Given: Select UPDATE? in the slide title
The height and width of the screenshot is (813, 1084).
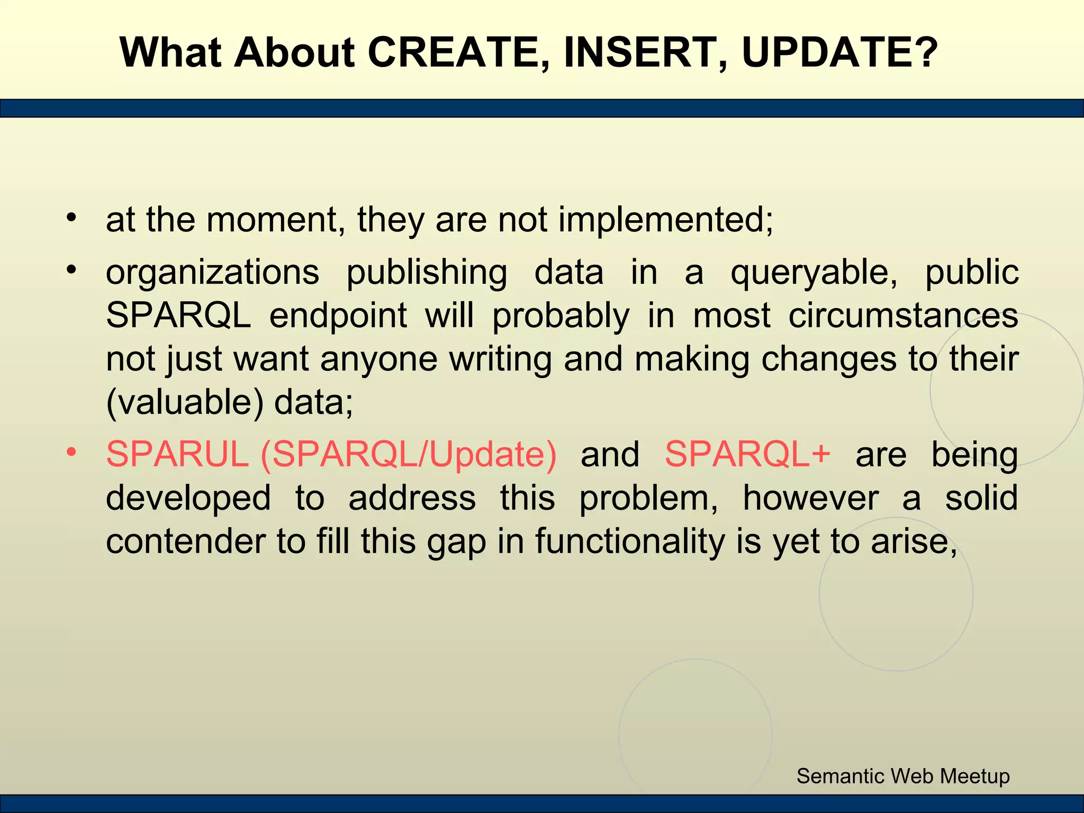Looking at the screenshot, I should click(839, 53).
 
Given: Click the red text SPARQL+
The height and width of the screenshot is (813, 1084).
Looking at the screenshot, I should click(747, 454).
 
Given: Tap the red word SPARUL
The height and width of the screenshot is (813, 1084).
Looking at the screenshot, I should click(177, 454).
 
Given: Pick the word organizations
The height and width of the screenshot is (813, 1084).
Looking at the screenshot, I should click(212, 273).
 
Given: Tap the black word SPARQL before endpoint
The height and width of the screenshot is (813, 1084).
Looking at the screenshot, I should click(178, 317).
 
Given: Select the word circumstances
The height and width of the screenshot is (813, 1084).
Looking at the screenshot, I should click(903, 316).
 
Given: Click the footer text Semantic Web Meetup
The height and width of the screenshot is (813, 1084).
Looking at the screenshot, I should click(903, 776).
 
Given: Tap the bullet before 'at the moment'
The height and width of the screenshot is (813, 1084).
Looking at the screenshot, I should click(72, 217).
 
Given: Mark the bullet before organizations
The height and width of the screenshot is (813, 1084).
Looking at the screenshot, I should click(72, 270).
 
